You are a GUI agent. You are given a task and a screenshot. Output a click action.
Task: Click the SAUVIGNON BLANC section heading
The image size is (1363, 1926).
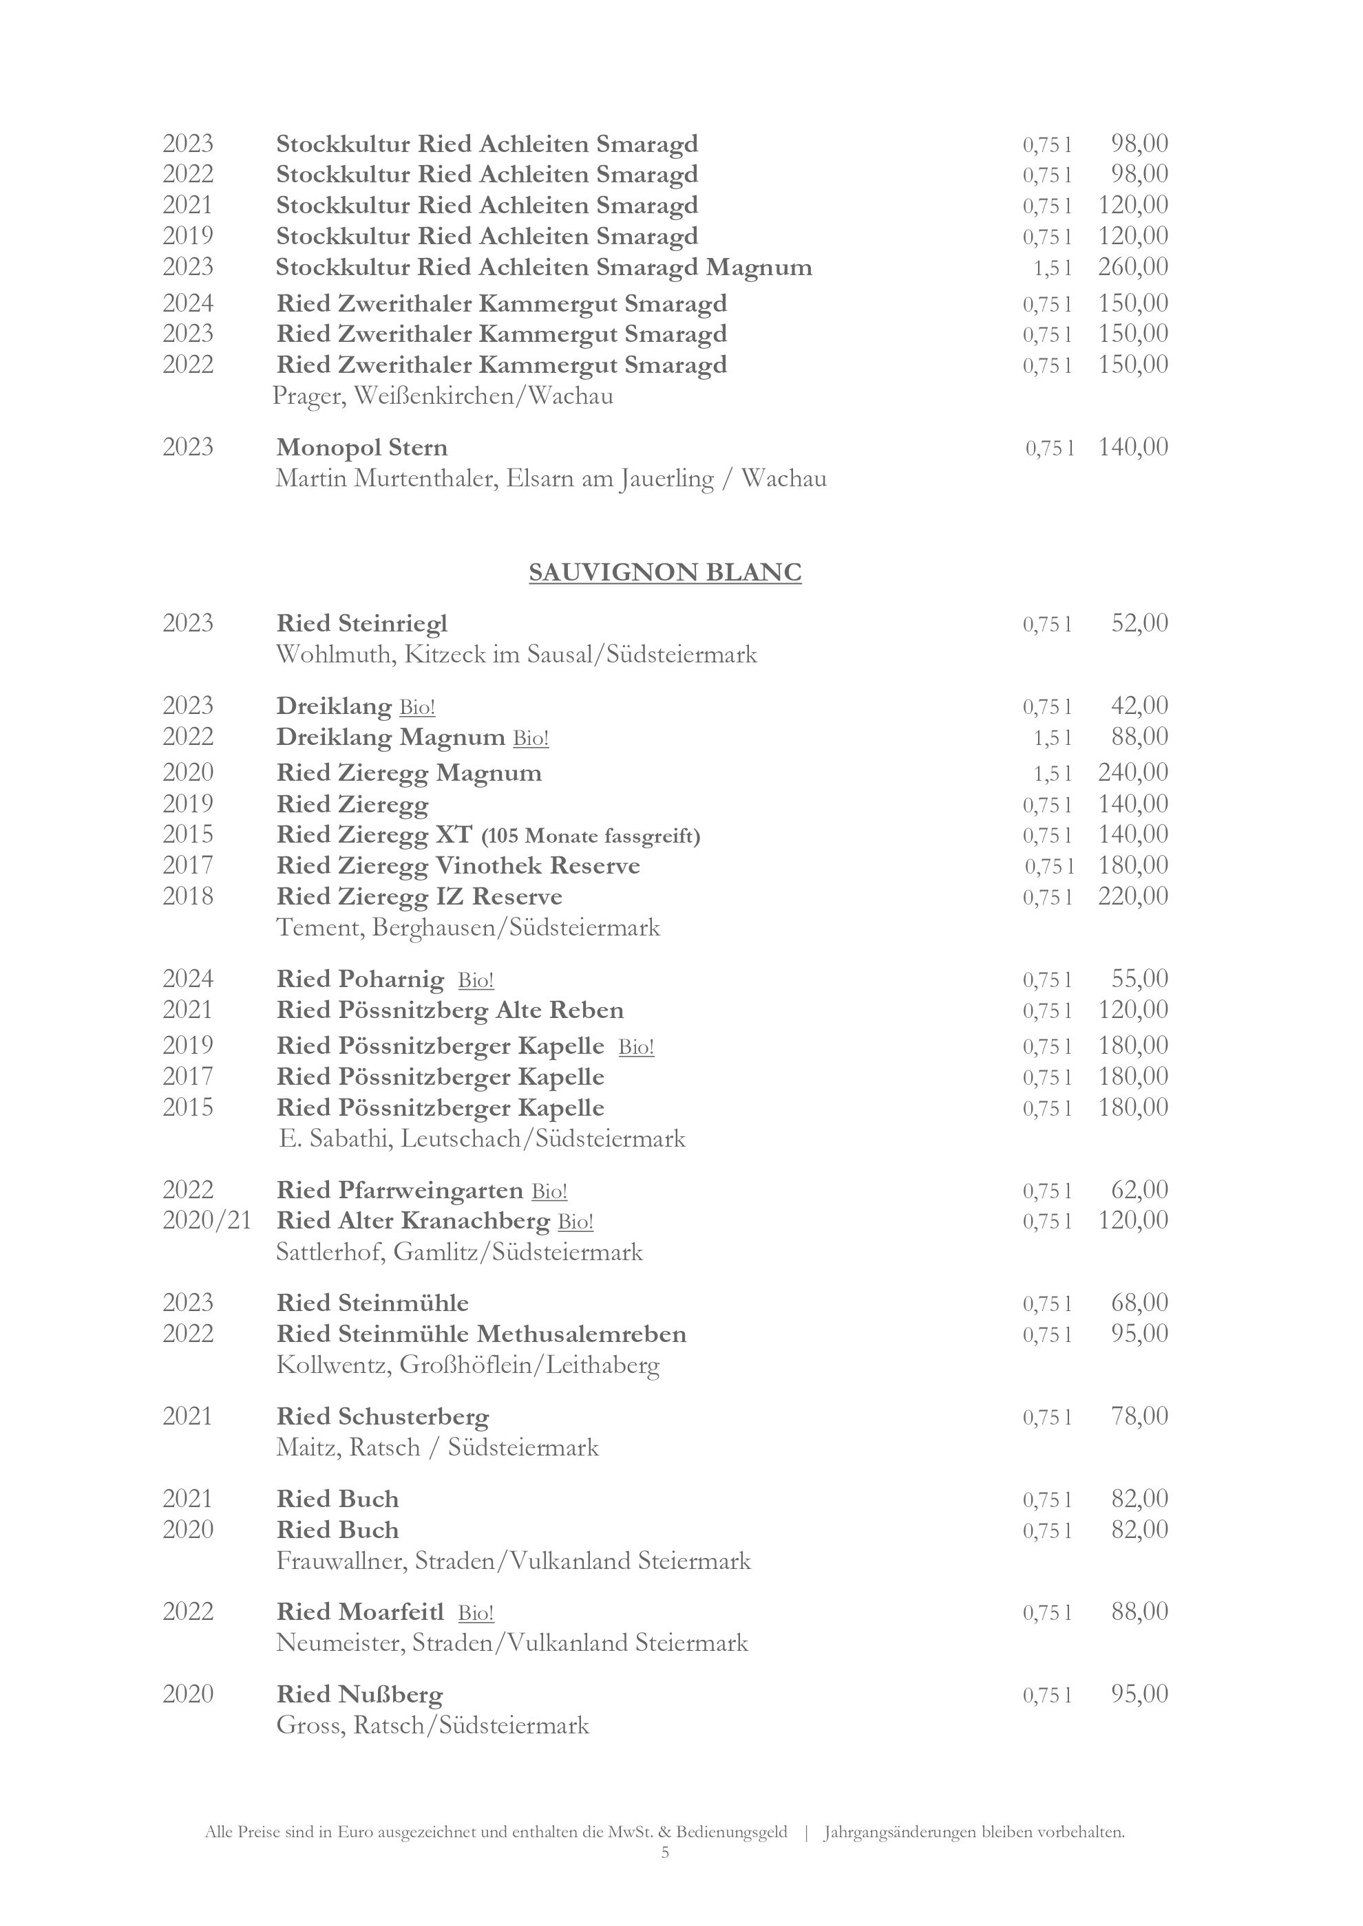pyautogui.click(x=665, y=573)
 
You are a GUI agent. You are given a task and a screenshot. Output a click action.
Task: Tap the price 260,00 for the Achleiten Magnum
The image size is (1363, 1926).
pyautogui.click(x=1133, y=268)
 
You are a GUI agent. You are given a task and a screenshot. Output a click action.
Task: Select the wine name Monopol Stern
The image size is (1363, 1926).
pyautogui.click(x=361, y=447)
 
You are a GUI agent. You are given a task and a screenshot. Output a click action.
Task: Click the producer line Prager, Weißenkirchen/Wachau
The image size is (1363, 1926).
pyautogui.click(x=443, y=396)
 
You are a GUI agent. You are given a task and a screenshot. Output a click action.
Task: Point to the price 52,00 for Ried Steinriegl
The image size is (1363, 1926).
pyautogui.click(x=1140, y=623)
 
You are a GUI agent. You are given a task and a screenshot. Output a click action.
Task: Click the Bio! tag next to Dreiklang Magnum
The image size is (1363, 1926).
pyautogui.click(x=531, y=738)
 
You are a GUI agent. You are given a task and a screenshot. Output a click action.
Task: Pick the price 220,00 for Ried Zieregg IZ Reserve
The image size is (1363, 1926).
pyautogui.click(x=1133, y=897)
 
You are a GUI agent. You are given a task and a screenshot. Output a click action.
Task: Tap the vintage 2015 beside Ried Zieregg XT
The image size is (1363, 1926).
pyautogui.click(x=188, y=834)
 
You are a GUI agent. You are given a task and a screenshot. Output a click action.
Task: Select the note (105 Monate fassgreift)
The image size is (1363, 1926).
pyautogui.click(x=591, y=836)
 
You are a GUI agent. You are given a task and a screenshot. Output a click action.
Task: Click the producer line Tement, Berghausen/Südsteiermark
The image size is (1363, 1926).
pyautogui.click(x=468, y=928)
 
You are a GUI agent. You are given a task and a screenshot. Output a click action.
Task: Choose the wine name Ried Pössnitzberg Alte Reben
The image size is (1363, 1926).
pyautogui.click(x=450, y=1010)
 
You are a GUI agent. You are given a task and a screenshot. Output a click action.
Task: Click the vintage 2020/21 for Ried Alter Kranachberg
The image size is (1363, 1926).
pyautogui.click(x=207, y=1220)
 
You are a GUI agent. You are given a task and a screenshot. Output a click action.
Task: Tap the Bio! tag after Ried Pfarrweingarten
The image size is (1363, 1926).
pyautogui.click(x=550, y=1191)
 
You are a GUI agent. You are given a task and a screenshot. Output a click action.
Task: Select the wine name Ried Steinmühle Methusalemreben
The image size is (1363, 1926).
pyautogui.click(x=481, y=1334)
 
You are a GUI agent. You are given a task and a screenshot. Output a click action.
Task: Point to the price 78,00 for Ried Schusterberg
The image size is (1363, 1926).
pyautogui.click(x=1140, y=1417)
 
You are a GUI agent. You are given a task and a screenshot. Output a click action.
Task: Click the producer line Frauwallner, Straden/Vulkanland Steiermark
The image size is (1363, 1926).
pyautogui.click(x=514, y=1561)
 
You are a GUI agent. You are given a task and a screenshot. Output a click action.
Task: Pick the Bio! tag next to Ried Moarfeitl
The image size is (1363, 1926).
pyautogui.click(x=476, y=1613)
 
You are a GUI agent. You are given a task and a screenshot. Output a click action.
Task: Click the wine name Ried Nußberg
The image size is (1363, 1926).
pyautogui.click(x=359, y=1696)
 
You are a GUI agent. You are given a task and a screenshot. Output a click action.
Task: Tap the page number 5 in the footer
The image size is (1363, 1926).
pyautogui.click(x=666, y=1852)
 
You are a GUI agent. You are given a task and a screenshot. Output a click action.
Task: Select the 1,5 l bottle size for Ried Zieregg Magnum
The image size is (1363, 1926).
pyautogui.click(x=1053, y=773)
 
